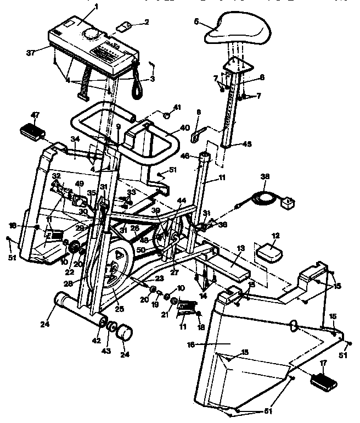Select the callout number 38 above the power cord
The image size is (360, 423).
[266, 177]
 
